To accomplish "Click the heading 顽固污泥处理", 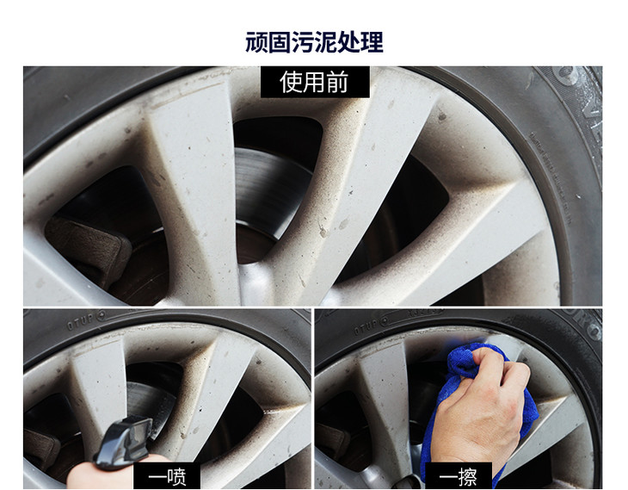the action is click(x=314, y=42).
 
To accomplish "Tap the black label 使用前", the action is click(x=315, y=82).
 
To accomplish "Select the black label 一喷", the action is click(x=167, y=477).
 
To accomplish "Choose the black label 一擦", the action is click(x=459, y=477).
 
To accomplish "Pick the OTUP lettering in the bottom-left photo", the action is click(x=81, y=321).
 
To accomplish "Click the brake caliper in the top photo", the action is click(x=89, y=249).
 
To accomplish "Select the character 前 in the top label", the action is click(x=337, y=82).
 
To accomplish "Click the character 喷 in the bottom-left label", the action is click(x=176, y=477).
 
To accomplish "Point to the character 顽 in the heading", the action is click(x=256, y=42).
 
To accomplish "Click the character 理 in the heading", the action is click(x=372, y=42).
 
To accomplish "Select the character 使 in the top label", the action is click(x=291, y=82).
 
